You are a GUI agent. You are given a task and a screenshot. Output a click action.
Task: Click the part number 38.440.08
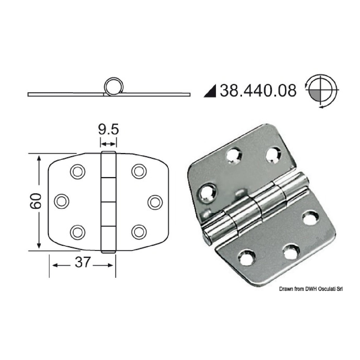click(258, 90)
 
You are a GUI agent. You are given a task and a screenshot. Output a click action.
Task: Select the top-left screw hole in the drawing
click(78, 171)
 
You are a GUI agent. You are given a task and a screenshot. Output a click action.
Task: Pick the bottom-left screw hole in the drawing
click(78, 231)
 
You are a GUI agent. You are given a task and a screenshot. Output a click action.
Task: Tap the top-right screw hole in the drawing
click(139, 171)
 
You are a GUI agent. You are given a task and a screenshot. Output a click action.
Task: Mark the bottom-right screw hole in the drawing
click(139, 231)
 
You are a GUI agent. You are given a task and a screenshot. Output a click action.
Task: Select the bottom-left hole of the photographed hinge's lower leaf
click(247, 257)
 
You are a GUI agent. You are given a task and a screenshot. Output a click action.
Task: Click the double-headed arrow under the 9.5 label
click(108, 144)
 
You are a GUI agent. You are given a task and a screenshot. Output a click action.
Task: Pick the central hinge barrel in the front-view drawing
click(108, 202)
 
